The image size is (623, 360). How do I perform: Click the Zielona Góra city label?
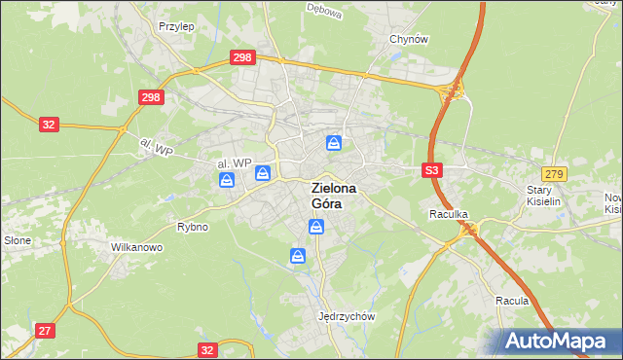tap(334, 196)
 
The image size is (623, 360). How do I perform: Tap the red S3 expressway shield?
tap(433, 170)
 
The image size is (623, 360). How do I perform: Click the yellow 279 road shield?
tap(555, 173)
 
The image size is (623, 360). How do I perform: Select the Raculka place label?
tap(449, 212)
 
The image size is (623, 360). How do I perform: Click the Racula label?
tap(511, 301)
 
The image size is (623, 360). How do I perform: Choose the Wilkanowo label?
tap(136, 247)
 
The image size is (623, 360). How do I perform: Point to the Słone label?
tap(18, 239)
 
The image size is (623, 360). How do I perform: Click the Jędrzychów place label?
tap(347, 316)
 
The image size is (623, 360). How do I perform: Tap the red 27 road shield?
tap(45, 331)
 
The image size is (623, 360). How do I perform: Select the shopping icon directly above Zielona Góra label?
tap(334, 145)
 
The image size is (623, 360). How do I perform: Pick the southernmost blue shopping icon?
tap(298, 256)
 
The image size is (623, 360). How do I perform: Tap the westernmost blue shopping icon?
tap(227, 180)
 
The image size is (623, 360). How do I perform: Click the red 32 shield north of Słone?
tap(50, 125)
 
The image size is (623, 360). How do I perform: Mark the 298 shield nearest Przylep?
tap(243, 58)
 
